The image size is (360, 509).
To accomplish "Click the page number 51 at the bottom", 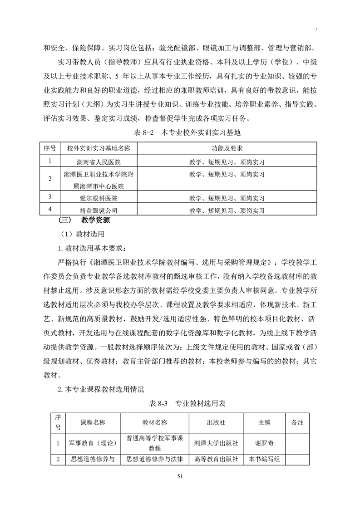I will point(180,476).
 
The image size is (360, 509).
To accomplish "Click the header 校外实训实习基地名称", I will point(99,149).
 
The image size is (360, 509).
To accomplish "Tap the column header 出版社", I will point(216,422).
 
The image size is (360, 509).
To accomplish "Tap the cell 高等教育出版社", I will point(216,459).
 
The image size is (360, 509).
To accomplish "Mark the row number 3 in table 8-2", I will point(50,197).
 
